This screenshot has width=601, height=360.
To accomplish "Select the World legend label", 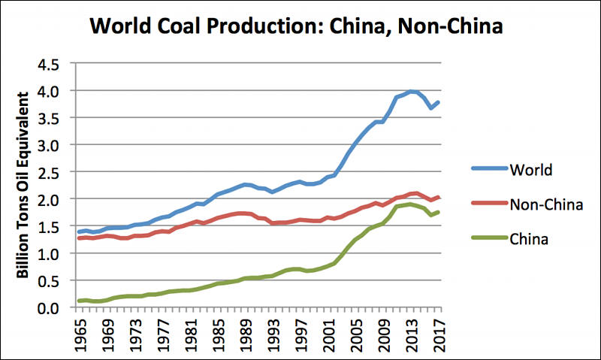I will point(531,169).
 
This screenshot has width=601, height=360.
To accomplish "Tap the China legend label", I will point(530,239).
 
